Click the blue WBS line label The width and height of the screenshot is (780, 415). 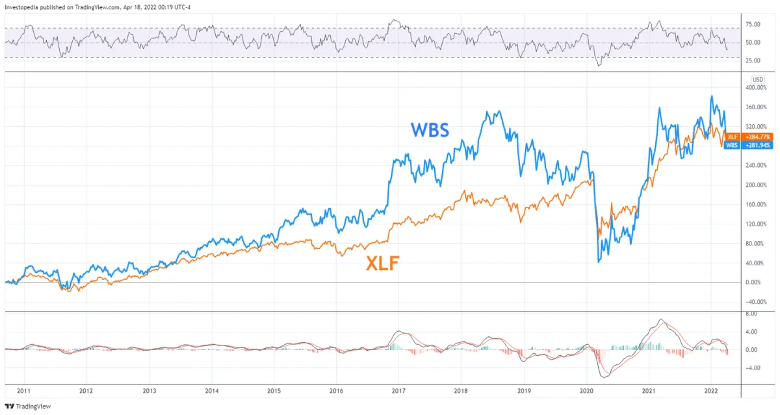(430, 129)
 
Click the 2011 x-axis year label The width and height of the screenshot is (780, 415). (23, 392)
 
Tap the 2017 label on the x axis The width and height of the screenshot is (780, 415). (398, 392)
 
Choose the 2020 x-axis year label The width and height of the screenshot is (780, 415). (586, 392)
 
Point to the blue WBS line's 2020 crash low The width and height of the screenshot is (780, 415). (598, 261)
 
